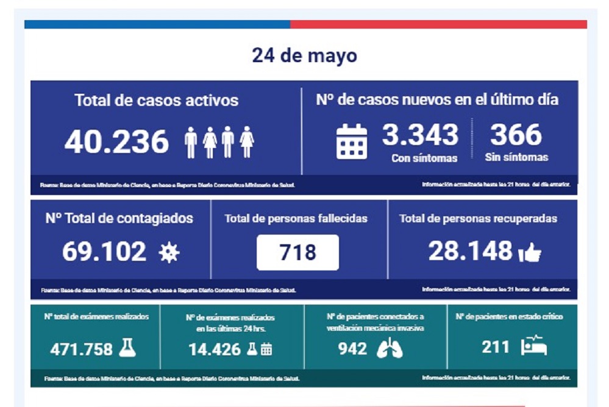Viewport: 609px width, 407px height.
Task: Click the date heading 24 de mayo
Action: click(304, 56)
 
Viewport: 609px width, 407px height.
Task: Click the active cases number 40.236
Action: click(116, 143)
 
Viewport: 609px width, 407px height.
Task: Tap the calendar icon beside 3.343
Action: click(352, 142)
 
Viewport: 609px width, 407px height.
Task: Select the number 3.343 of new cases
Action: click(420, 135)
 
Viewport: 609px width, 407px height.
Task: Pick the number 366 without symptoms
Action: click(516, 135)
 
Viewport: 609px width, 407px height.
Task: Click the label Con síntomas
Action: click(424, 158)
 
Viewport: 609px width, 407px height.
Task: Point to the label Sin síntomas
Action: click(516, 157)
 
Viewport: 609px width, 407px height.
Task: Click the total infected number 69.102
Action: click(104, 251)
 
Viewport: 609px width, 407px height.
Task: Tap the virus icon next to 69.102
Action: click(168, 252)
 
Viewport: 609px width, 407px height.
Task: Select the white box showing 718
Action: click(297, 252)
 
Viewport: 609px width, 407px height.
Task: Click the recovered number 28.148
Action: click(470, 250)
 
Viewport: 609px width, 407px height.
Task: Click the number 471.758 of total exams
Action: click(82, 349)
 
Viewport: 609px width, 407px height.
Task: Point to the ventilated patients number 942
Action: click(353, 349)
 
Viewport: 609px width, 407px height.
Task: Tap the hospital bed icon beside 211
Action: click(533, 347)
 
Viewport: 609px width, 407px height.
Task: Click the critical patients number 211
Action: click(496, 347)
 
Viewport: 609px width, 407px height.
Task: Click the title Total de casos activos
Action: click(157, 100)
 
